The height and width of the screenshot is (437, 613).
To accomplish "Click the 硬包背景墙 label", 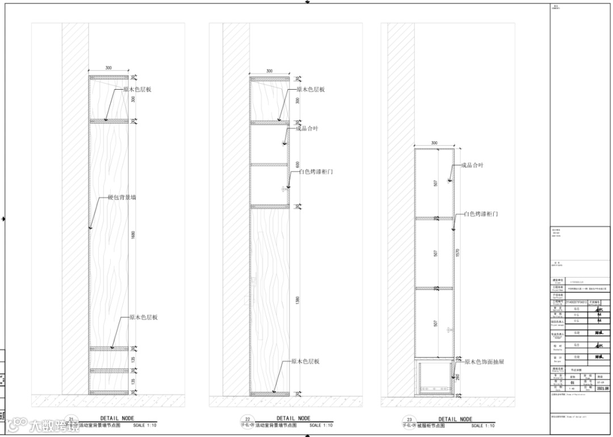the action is [121, 198].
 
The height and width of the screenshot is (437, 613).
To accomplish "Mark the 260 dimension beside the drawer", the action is [457, 376].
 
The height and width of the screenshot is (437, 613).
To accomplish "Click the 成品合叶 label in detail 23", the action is [472, 166].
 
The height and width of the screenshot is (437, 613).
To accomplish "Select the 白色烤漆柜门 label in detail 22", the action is [316, 171].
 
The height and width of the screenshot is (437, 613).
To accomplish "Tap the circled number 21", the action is [71, 419].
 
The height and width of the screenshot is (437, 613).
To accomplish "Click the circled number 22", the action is [247, 419].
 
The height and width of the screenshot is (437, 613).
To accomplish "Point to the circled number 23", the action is [409, 419].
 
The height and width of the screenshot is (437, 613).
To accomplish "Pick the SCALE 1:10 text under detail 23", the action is [482, 425].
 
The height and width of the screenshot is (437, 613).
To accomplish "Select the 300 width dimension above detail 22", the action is [269, 72].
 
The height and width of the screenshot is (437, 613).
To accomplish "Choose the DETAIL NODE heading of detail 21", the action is [118, 419].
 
